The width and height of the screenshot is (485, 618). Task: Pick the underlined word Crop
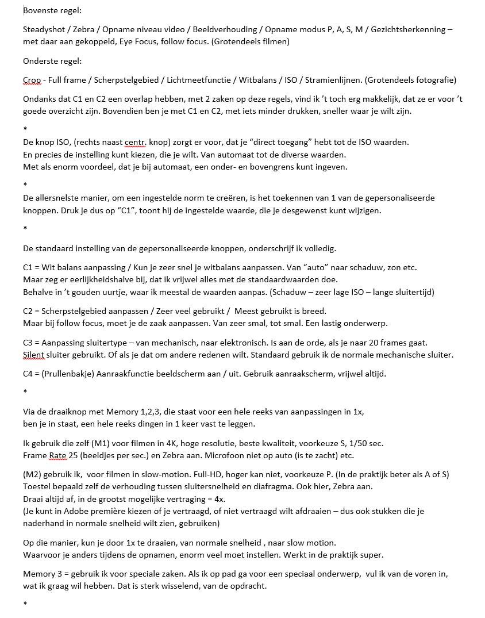pyautogui.click(x=32, y=80)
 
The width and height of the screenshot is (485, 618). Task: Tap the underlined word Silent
pyautogui.click(x=34, y=355)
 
